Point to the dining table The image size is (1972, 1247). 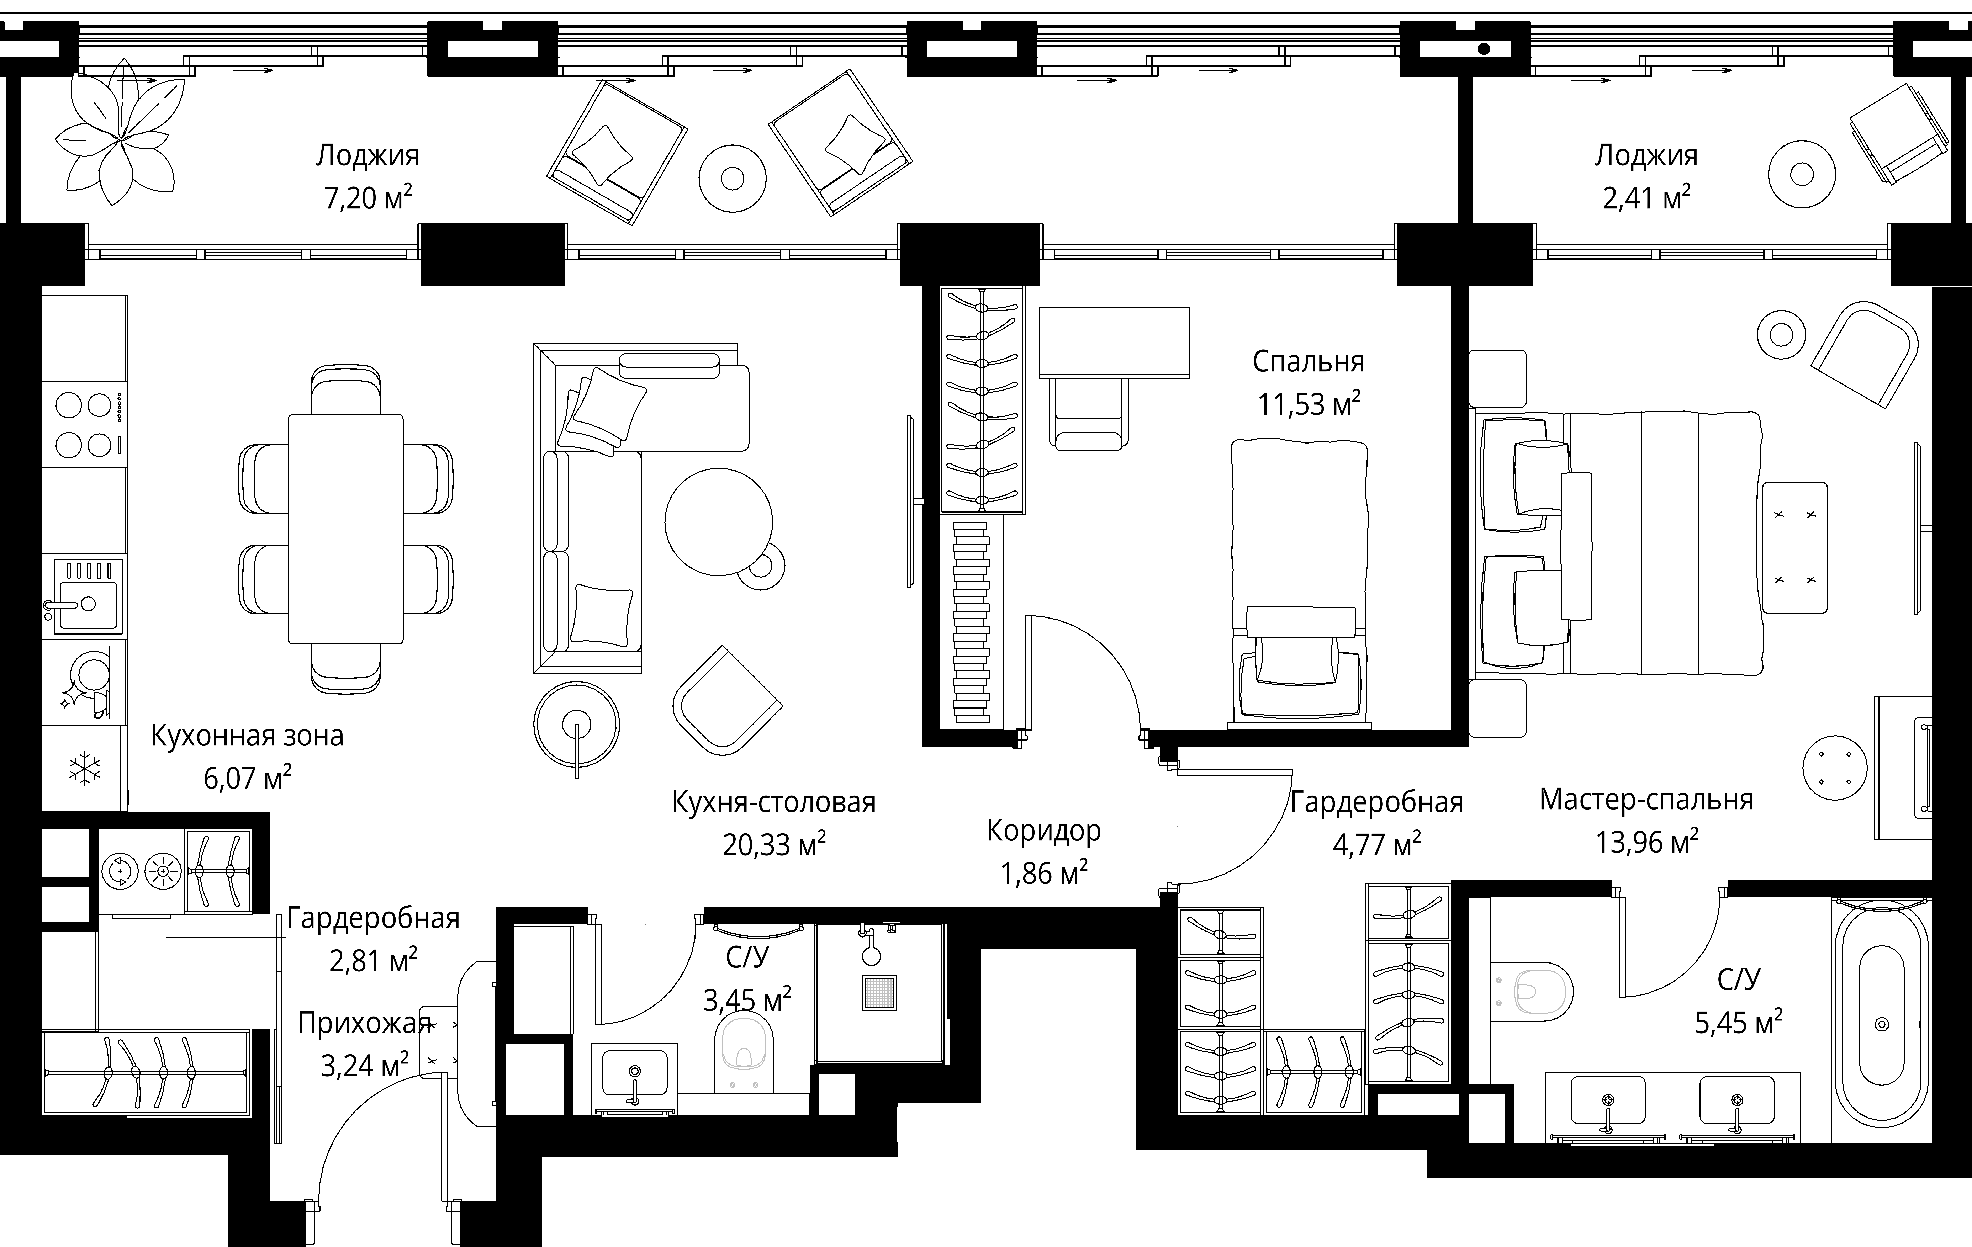click(346, 529)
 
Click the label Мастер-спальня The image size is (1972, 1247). click(1646, 799)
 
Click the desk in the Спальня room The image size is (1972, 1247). click(1114, 342)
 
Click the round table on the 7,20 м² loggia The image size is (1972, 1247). click(733, 178)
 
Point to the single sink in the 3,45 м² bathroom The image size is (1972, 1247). click(635, 1074)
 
